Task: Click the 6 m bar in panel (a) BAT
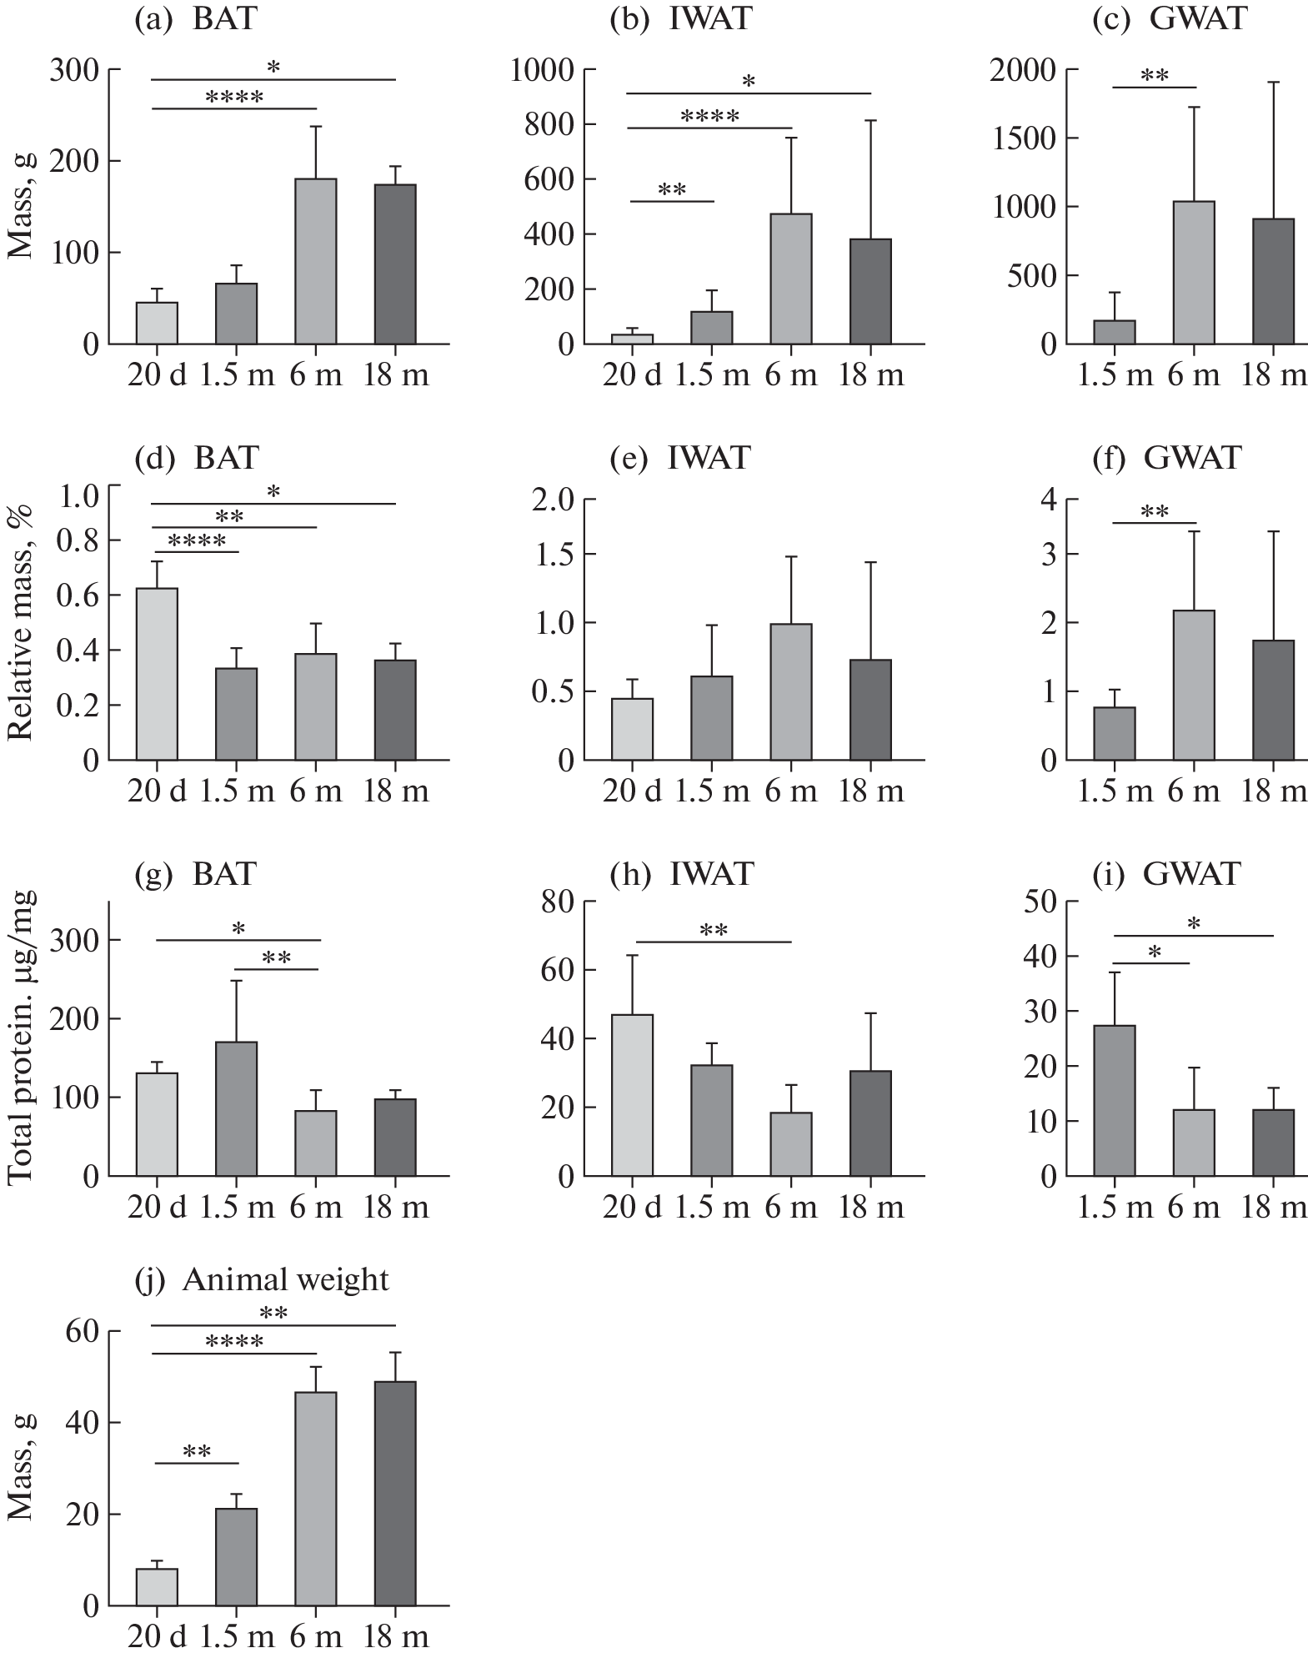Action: [x=316, y=261]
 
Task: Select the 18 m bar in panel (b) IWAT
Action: [x=870, y=291]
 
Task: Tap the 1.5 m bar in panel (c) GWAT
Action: [x=1114, y=332]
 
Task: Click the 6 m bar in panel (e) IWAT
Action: [x=791, y=691]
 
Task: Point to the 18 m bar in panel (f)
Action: [x=1273, y=700]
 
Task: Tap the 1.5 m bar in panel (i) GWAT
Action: [x=1114, y=1101]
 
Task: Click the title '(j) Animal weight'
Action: [x=262, y=1280]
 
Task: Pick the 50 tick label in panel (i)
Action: [x=1035, y=902]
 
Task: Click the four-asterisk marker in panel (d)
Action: [x=197, y=542]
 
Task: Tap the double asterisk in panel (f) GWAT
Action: [x=1155, y=511]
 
